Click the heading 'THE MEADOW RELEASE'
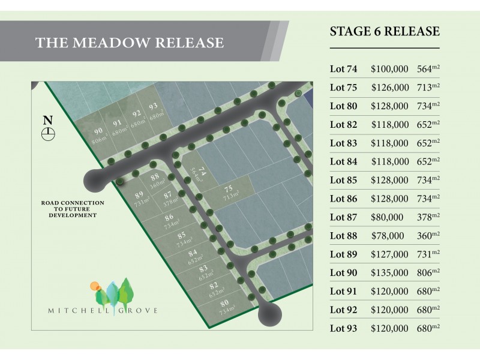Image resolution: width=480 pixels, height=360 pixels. pos(130,43)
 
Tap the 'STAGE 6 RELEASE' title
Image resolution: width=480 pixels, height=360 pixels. pos(385,32)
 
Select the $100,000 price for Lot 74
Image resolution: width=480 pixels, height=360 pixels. pos(390,69)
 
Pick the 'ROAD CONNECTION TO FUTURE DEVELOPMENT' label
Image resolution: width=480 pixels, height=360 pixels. pos(73,209)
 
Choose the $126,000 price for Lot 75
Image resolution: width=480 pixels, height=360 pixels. pos(390,88)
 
